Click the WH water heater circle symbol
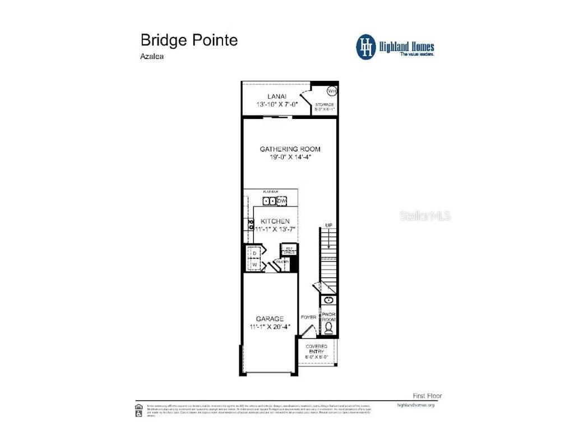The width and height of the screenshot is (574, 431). click(331, 90)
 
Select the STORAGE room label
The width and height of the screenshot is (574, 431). click(324, 104)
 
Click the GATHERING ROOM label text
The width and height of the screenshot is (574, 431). click(290, 149)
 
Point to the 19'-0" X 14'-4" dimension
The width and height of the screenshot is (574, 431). click(290, 157)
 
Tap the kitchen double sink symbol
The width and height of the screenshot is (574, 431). click(270, 201)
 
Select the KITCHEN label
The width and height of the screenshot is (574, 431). click(275, 221)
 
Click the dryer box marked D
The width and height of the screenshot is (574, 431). click(254, 253)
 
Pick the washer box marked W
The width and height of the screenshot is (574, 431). click(254, 264)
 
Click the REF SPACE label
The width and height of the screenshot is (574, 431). click(290, 250)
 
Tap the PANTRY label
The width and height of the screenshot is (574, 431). click(282, 262)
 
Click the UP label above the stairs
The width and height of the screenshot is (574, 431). click(329, 226)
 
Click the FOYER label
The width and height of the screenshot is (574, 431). click(308, 317)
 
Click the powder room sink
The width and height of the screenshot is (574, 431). click(328, 301)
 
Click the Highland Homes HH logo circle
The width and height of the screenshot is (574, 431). click(366, 47)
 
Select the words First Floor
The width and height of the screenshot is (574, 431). click(427, 396)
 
